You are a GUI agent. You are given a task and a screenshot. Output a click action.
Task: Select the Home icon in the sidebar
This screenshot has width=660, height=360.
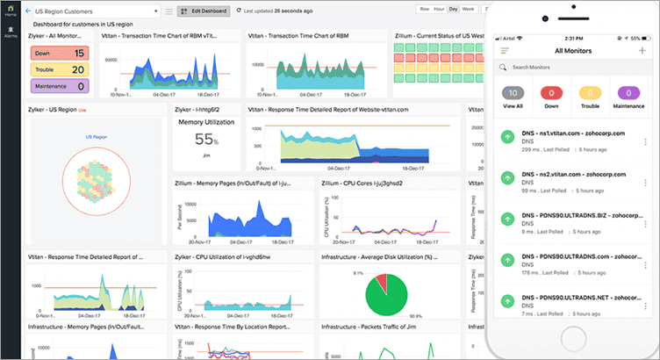pos(11,11)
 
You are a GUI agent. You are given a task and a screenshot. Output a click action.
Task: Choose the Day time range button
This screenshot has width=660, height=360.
pos(453,8)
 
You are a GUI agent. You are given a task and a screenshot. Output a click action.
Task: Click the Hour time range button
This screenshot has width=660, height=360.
pos(439,8)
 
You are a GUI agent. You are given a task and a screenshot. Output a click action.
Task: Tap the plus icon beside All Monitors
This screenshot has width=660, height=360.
pos(641,50)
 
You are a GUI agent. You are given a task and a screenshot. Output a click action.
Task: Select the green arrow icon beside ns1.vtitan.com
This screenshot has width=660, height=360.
pos(506,139)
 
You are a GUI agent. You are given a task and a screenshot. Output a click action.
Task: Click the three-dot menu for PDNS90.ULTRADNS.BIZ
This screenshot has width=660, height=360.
pos(646,221)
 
